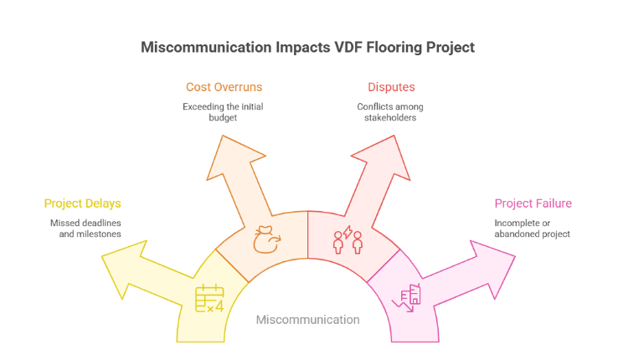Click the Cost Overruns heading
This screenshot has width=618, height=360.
223,87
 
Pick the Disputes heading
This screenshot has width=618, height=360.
391,87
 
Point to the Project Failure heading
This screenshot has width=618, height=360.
533,203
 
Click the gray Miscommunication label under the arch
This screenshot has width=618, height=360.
307,320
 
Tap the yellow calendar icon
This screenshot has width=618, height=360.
209,299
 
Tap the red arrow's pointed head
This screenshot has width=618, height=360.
378,158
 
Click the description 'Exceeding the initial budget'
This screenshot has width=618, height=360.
223,112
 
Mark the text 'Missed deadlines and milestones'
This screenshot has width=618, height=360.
85,229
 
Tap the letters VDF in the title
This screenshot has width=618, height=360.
327,47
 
